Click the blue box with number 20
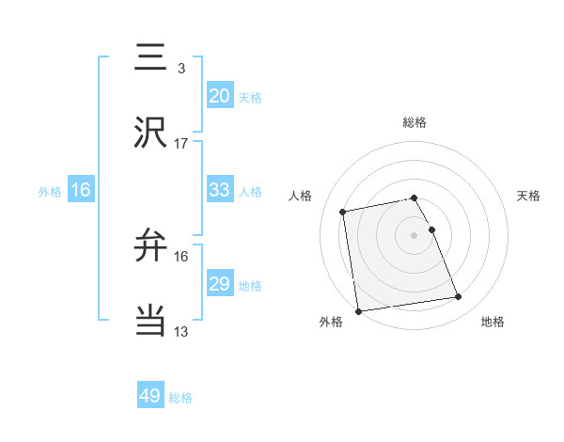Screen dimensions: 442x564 coord(220,96)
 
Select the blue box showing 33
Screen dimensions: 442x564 coord(220,190)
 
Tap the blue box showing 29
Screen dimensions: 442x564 coord(220,284)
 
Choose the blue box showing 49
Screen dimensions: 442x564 coord(150,396)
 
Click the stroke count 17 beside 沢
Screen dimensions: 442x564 coord(181,144)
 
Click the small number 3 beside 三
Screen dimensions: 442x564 coord(181,68)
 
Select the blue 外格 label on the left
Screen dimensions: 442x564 coord(50,191)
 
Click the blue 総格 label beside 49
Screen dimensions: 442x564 coord(181,398)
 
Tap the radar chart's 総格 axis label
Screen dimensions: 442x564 coord(415,122)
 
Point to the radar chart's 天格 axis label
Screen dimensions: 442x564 coord(529,196)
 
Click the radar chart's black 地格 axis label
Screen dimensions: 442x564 coord(493,322)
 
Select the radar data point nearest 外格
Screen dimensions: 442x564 coord(357,310)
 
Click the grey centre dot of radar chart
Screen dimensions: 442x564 coord(415,234)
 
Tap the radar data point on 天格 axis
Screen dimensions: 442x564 coord(431,229)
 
